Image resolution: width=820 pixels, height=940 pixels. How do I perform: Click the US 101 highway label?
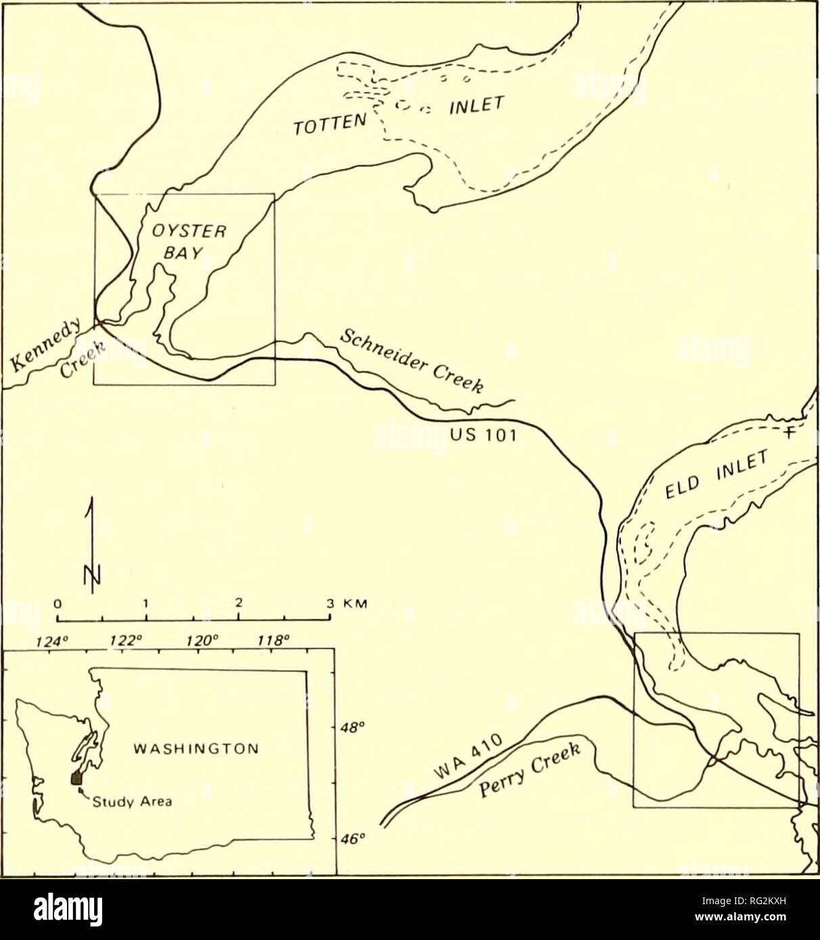[483, 436]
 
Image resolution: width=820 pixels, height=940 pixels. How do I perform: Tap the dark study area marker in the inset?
[76, 779]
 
